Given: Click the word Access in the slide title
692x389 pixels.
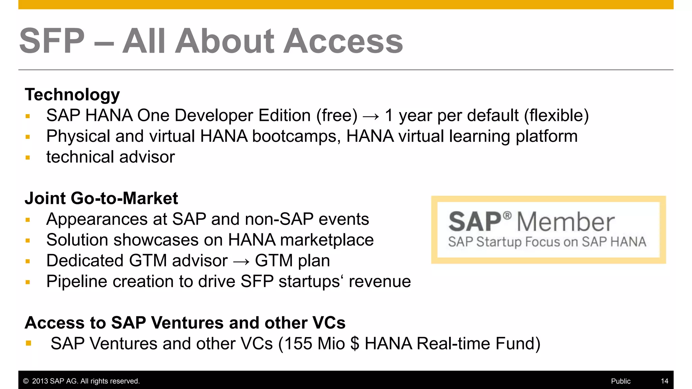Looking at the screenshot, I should point(343,41).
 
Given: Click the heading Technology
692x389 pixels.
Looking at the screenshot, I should point(72,95).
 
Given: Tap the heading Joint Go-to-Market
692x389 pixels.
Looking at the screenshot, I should point(101,198).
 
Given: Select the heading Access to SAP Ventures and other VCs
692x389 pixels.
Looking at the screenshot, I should point(185,322).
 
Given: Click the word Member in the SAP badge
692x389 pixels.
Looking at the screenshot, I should point(566,222).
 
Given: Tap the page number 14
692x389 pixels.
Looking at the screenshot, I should point(664,381).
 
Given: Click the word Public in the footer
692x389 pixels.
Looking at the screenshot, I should point(620,381).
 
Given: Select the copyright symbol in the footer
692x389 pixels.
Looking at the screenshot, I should point(26,381).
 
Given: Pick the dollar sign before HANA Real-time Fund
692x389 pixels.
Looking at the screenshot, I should point(355,344).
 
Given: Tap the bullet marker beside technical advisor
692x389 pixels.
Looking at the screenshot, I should point(28,158).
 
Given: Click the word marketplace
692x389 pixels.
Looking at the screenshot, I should point(327,240).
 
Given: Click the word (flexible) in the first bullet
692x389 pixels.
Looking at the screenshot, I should point(556,116).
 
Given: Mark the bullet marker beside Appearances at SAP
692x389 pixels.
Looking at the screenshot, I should point(28,220).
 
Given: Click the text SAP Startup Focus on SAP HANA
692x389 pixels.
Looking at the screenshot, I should point(547,242).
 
